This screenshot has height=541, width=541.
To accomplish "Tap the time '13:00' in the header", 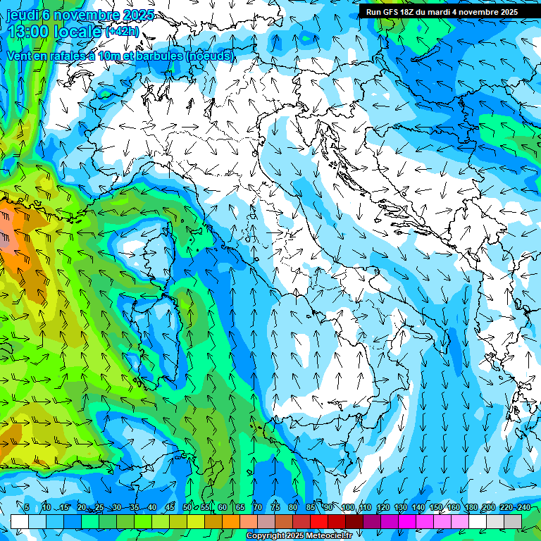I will (x=29, y=32).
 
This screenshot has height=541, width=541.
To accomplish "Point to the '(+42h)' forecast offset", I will (x=122, y=32).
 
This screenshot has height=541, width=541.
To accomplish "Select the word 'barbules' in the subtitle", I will (x=153, y=56).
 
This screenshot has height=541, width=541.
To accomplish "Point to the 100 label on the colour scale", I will (x=347, y=508).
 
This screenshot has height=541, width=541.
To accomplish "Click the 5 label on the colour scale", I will (x=27, y=508).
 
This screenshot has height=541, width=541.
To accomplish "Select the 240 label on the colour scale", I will (x=524, y=508).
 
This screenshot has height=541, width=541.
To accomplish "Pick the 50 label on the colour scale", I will (x=187, y=508).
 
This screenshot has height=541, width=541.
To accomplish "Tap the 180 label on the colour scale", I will (x=471, y=508).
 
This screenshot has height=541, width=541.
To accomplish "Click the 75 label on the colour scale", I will (x=275, y=508).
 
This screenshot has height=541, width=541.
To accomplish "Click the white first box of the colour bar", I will (x=20, y=521).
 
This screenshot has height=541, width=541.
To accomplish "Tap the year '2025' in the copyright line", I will (x=297, y=536).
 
